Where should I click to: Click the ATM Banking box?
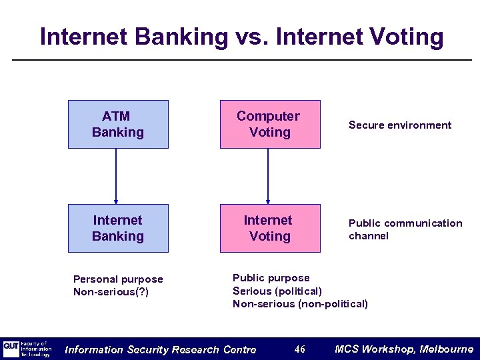click(118, 124)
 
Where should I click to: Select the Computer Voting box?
click(270, 124)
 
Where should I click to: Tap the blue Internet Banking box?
click(118, 228)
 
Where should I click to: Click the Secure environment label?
click(399, 125)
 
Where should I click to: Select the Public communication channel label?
click(405, 229)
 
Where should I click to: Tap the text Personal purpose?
click(118, 279)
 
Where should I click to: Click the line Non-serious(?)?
click(111, 292)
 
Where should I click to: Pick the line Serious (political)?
click(277, 291)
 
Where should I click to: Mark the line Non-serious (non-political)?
click(300, 304)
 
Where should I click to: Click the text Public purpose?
click(271, 278)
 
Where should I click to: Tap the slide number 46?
click(299, 349)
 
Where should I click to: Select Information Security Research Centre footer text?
click(160, 349)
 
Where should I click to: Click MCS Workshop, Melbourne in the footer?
click(403, 349)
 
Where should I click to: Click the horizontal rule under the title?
click(240, 60)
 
